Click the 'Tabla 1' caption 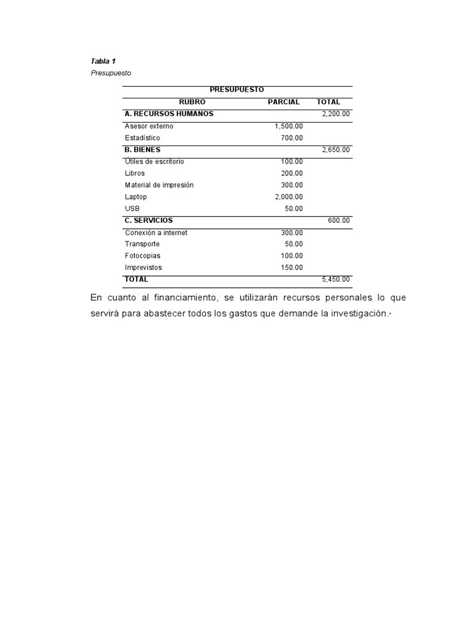[x=103, y=61]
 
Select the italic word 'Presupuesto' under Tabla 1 [x=111, y=73]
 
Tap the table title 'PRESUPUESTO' [x=237, y=90]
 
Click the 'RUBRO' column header [x=192, y=102]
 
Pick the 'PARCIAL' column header [x=284, y=102]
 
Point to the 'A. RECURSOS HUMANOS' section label [x=169, y=114]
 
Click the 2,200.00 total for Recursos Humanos [x=336, y=114]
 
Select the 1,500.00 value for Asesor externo [x=289, y=126]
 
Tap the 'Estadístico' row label [x=142, y=138]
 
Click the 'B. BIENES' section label [x=142, y=150]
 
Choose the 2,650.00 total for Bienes [x=336, y=150]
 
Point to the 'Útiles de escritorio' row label [x=154, y=162]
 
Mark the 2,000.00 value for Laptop [x=289, y=197]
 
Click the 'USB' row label [x=132, y=209]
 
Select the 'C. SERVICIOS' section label [x=148, y=220]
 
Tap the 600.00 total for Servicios [x=339, y=220]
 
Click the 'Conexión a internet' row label [x=156, y=233]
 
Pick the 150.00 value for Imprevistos [x=292, y=267]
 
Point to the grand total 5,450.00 [x=336, y=280]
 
